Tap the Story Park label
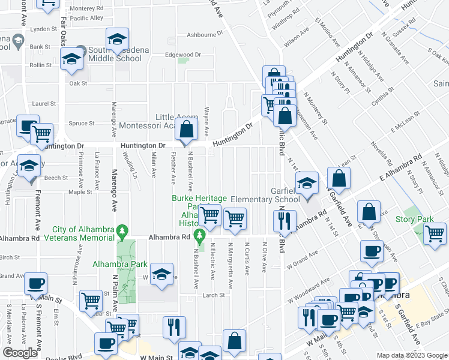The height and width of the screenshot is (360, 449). pos(410,219)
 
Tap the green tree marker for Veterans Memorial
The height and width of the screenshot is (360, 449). pos(123,230)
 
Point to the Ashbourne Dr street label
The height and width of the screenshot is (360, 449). pos(204,34)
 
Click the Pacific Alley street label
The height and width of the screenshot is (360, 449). pos(86,18)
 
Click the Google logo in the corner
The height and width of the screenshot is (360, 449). pos(20,353)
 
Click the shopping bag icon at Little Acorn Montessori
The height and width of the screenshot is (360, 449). pos(187,128)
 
